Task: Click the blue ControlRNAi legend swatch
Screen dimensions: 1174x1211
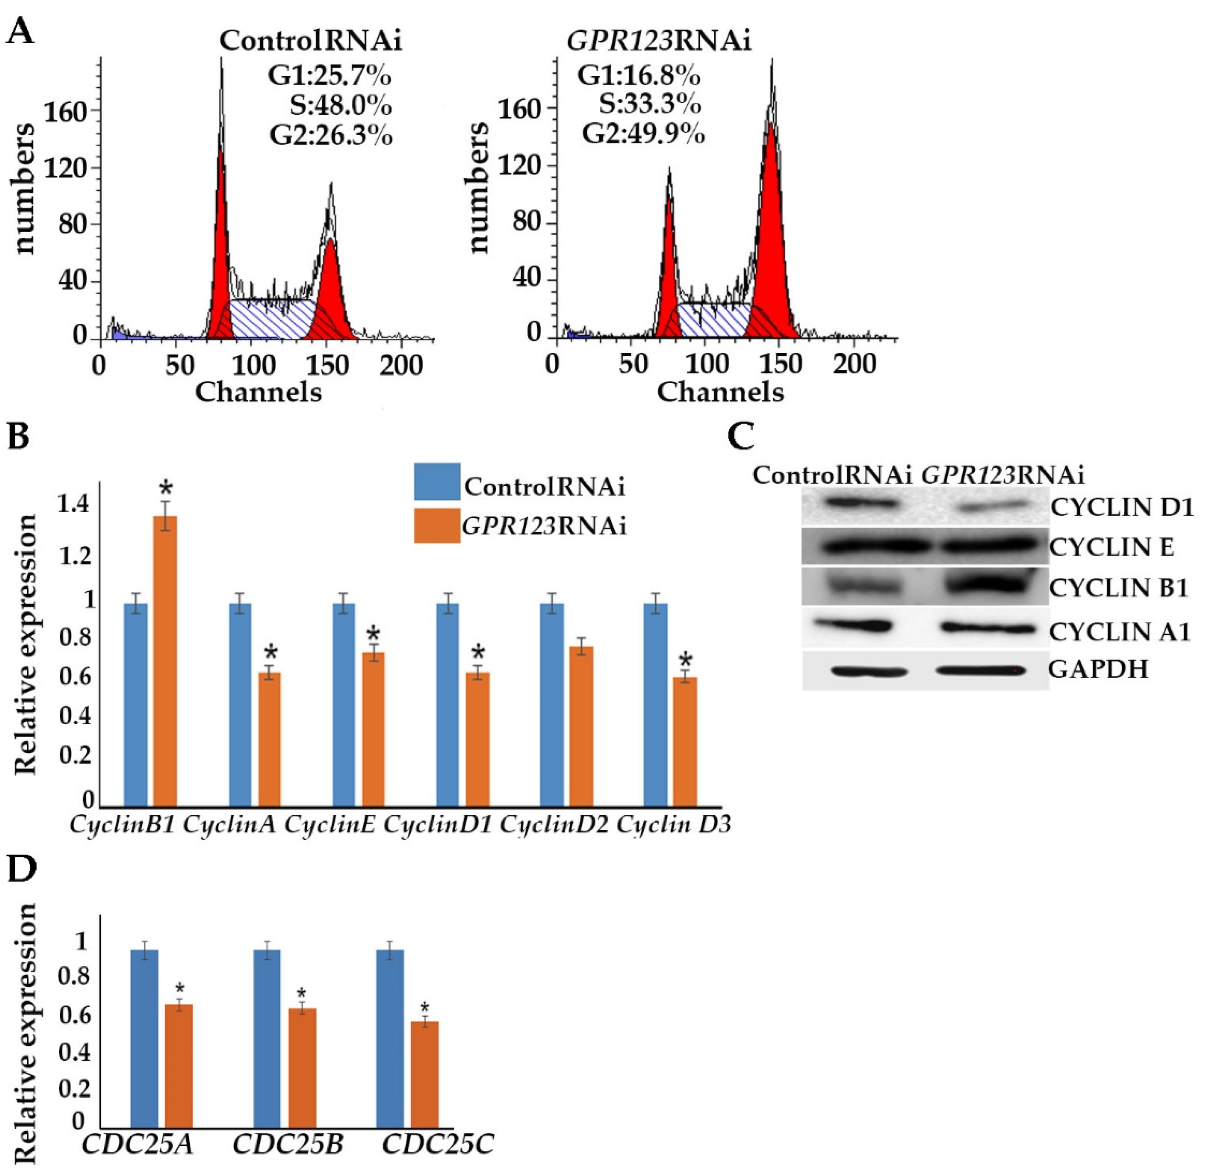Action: tap(437, 482)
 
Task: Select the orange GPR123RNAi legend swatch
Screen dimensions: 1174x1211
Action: tap(437, 525)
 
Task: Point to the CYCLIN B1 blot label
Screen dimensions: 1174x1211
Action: tap(1119, 587)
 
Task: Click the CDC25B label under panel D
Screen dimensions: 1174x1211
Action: tap(288, 1145)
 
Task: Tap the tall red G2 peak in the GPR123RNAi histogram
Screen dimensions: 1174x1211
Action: tap(771, 229)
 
